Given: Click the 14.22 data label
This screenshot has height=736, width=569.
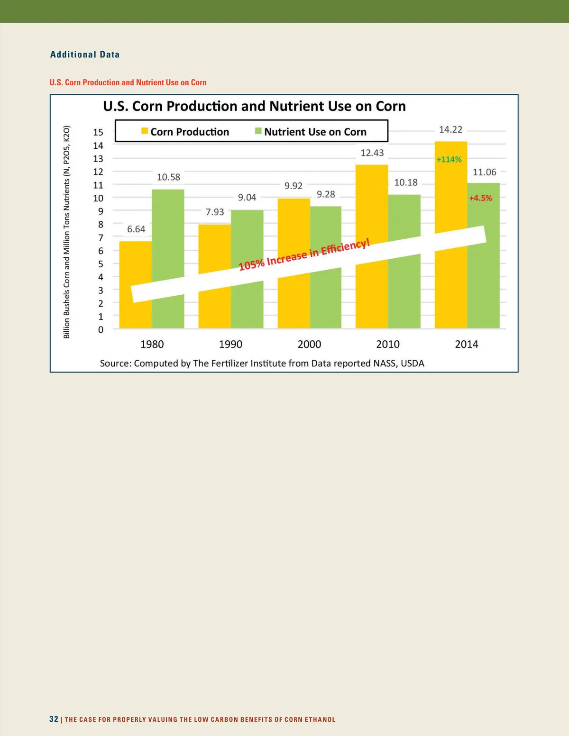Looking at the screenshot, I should click(450, 129).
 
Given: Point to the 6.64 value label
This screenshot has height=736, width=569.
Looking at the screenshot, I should click(136, 229).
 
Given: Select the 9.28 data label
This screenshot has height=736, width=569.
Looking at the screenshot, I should click(326, 194).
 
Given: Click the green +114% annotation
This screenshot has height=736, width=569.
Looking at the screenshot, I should click(449, 160).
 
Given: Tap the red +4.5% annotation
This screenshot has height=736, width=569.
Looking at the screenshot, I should click(480, 198).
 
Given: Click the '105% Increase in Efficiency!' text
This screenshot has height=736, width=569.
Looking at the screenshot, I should click(304, 255).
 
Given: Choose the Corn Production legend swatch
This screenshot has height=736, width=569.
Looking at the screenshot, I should click(145, 131).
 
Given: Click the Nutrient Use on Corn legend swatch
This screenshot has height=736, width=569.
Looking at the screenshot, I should click(258, 131).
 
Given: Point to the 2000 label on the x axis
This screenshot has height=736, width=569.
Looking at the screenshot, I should click(309, 344).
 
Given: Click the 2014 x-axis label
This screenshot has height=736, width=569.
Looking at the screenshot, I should click(467, 344).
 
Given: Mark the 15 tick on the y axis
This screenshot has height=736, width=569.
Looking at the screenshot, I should click(98, 132).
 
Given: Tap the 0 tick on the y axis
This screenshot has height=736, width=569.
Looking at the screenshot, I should click(101, 329).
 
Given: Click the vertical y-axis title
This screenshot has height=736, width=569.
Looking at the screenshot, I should click(67, 232).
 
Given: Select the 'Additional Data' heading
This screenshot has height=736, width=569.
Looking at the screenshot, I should click(85, 55).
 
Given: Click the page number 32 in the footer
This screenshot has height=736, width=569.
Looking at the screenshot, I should click(54, 719).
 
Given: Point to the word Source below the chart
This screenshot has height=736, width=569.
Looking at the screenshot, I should click(115, 363).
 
